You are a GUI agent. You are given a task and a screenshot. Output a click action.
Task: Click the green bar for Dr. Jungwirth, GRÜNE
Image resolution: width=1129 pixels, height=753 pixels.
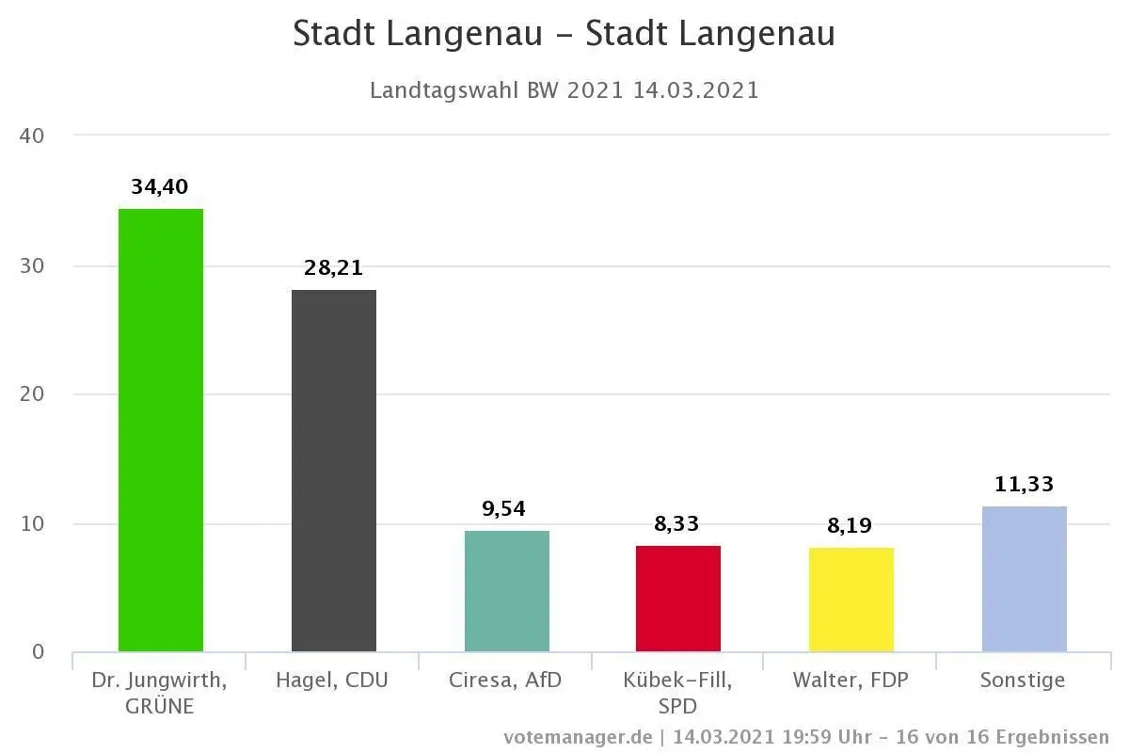click(x=161, y=430)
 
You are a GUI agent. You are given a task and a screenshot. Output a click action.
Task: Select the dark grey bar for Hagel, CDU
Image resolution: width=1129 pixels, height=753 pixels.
click(x=334, y=471)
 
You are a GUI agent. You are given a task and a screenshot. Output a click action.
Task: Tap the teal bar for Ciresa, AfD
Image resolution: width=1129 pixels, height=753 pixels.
click(x=507, y=591)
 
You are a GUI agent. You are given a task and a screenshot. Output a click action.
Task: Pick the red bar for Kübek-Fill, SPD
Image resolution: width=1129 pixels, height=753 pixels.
click(x=678, y=599)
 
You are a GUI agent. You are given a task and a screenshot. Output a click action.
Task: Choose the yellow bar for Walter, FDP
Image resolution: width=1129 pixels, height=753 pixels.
click(x=851, y=600)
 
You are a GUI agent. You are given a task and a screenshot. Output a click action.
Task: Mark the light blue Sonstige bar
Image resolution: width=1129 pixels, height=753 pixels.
click(x=1025, y=579)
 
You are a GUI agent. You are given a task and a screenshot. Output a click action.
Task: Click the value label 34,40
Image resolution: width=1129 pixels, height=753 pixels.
click(x=160, y=187)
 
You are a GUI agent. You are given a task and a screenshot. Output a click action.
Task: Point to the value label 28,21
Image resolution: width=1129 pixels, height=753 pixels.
click(x=333, y=268)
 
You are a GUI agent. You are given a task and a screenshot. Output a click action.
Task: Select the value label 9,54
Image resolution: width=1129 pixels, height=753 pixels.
click(x=506, y=509)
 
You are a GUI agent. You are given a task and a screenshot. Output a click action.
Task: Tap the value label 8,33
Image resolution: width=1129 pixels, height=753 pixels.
click(x=677, y=524)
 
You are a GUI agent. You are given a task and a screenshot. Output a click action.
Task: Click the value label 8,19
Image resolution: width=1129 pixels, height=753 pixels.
click(x=851, y=526)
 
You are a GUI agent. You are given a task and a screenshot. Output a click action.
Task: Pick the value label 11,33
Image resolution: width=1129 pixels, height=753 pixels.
click(x=1024, y=486)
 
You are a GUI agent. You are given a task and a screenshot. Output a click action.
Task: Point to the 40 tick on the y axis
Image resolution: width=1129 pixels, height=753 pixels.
click(x=32, y=136)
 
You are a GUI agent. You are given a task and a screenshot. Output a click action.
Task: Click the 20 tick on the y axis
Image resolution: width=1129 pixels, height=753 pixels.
click(x=32, y=394)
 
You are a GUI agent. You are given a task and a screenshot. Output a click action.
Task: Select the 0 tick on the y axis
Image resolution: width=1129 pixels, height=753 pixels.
click(x=38, y=652)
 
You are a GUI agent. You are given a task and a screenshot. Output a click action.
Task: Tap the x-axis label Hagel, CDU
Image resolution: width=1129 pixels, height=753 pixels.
click(x=332, y=681)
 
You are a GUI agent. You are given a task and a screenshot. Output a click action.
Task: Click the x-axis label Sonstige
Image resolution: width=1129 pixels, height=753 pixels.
click(x=1023, y=681)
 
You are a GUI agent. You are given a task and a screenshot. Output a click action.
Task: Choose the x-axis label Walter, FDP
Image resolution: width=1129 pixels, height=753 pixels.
click(x=851, y=681)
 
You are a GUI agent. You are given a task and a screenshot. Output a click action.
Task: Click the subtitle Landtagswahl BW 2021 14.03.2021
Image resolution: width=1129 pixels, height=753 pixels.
click(x=564, y=90)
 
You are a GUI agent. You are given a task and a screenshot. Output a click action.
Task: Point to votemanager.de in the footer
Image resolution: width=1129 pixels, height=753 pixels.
click(x=578, y=737)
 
